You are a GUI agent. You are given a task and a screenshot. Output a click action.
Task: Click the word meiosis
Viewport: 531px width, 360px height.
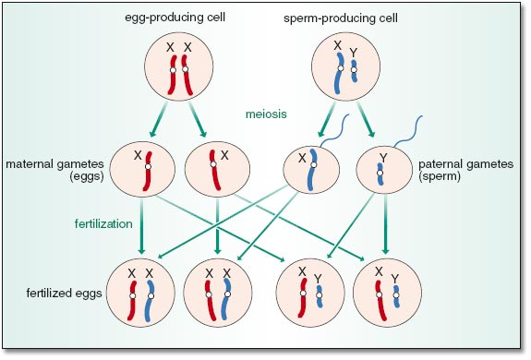point(266,114)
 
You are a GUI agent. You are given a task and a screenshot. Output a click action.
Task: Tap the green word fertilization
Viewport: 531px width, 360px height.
point(103,223)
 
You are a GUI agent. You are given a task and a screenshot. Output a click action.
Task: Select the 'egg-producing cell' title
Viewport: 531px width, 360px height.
point(175,17)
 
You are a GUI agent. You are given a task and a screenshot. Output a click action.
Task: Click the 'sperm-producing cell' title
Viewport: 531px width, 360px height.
point(341,18)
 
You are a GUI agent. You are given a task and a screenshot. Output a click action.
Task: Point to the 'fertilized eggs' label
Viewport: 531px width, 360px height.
point(65,293)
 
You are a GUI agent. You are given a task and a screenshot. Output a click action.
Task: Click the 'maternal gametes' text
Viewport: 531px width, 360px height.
point(54,164)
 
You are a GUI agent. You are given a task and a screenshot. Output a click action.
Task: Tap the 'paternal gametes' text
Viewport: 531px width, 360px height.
point(466,164)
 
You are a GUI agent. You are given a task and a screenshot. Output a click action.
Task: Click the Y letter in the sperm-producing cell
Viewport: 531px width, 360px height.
point(354,53)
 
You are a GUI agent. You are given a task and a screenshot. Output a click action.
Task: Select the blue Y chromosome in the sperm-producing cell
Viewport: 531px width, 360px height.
point(355,71)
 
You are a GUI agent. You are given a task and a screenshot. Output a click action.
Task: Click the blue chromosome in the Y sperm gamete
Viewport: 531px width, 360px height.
point(380,174)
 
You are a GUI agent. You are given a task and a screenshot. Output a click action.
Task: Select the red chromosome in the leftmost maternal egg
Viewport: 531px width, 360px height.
point(148,171)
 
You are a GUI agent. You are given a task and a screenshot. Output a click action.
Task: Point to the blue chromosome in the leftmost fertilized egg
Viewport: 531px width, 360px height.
point(150,300)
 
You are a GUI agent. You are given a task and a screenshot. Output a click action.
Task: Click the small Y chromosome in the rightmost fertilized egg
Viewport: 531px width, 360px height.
point(396,296)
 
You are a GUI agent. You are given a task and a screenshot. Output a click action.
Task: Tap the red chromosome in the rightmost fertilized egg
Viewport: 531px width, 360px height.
point(381,300)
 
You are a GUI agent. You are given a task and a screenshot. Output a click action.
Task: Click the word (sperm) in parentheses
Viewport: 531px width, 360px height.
point(440,176)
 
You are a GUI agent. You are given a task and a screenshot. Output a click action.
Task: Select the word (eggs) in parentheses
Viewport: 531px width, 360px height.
point(87,176)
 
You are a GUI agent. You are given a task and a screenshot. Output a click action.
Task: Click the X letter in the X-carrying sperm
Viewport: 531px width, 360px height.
point(302,158)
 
